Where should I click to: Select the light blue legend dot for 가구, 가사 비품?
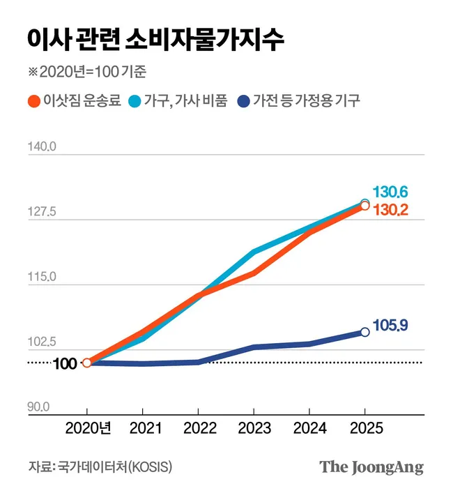[x=136, y=101]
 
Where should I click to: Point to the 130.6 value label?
[x=390, y=192]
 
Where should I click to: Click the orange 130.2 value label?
[x=390, y=209]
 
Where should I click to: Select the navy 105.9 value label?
[x=390, y=325]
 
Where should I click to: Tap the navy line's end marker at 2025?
[x=364, y=332]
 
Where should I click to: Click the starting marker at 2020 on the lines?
[x=86, y=363]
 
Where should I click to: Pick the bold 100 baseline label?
[x=65, y=363]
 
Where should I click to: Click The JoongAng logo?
[x=371, y=467]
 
